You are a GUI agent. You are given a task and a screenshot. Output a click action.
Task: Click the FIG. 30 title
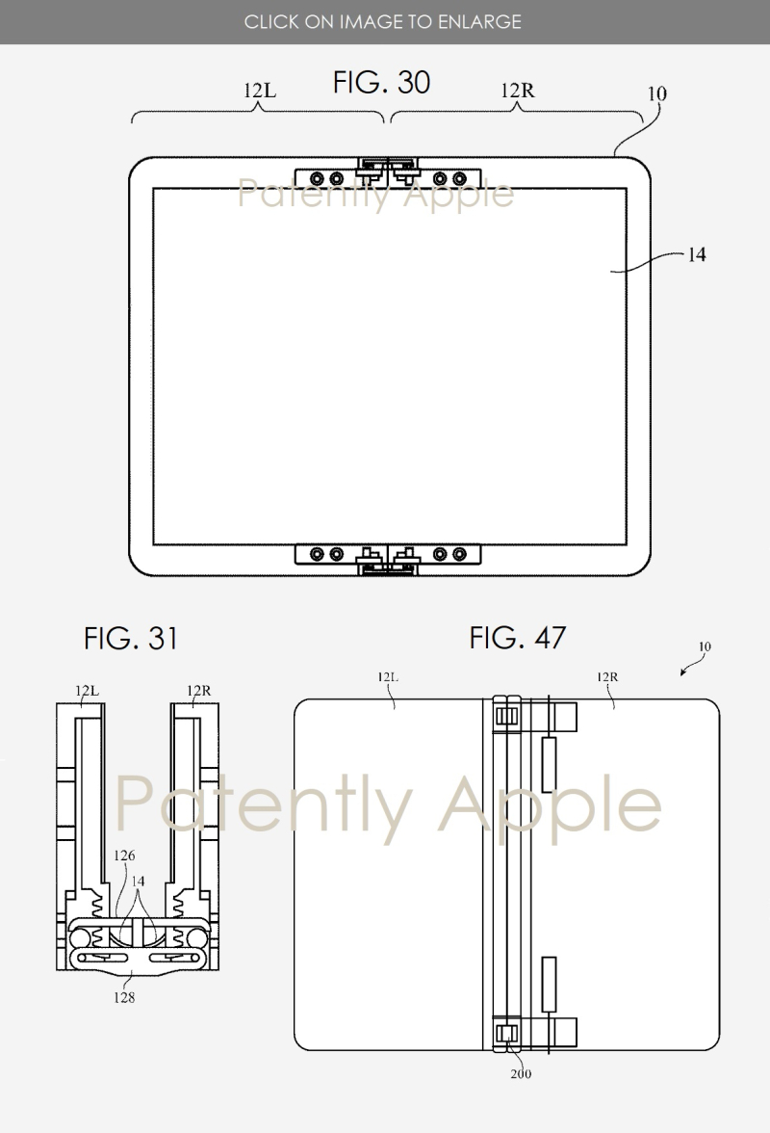381,83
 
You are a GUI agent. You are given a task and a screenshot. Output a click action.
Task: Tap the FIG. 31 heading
131,638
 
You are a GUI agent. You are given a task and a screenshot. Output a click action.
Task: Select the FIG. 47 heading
518,638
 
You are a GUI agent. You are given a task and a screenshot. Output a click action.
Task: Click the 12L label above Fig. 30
260,91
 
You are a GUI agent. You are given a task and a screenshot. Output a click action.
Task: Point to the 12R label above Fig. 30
518,91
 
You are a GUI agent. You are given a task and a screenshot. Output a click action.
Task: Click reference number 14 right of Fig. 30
697,254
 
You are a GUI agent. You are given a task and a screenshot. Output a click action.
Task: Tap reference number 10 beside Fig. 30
656,93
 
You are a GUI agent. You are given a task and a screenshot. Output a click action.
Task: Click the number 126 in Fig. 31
124,856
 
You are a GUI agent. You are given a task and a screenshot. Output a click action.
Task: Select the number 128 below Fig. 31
124,997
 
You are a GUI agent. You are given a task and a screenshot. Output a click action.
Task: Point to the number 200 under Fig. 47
521,1073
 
